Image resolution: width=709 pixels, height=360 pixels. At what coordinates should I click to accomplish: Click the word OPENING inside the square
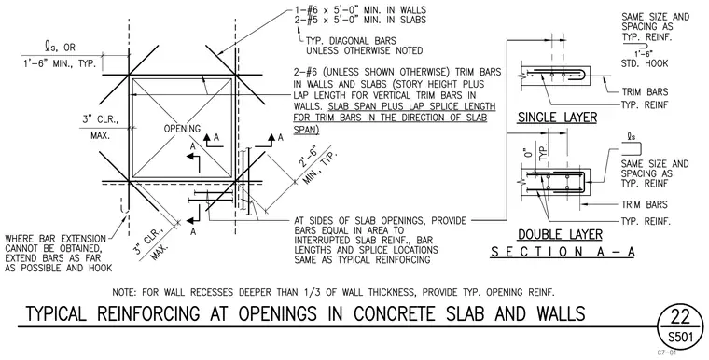coord(182,129)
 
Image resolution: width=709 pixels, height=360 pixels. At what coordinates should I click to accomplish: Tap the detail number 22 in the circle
coord(680,318)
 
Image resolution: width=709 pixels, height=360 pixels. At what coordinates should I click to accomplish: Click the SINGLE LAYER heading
coord(557,118)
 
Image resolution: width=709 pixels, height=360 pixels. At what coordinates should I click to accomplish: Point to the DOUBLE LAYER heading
coord(560,235)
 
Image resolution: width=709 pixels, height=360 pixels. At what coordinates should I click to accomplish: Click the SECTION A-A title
coord(563,252)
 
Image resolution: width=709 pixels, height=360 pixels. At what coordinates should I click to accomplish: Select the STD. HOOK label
coord(645,63)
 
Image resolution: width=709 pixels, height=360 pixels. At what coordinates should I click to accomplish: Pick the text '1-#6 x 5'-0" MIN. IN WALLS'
coord(360,9)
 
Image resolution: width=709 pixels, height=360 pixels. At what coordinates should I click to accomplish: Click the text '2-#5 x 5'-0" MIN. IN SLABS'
coord(360,20)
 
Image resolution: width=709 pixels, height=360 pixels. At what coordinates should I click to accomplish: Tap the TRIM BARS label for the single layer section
coord(645,92)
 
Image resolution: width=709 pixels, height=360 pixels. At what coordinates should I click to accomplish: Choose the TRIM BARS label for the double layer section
coord(645,205)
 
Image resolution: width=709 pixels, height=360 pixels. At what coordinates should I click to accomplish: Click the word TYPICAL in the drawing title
coord(56,314)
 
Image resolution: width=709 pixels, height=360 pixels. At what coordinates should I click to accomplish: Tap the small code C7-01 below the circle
coord(667,353)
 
